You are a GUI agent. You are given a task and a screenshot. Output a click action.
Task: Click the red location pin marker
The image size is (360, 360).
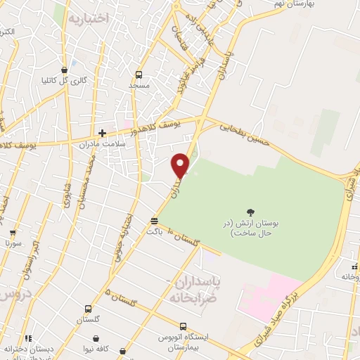point(181,165)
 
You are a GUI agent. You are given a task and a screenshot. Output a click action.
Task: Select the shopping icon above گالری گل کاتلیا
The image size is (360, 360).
point(65,70)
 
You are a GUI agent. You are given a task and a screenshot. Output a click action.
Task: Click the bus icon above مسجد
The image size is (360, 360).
point(139,75)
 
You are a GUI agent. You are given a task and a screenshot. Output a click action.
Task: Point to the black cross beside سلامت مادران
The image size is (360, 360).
point(102,132)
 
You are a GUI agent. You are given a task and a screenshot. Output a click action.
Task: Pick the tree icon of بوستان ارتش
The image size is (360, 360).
point(250,211)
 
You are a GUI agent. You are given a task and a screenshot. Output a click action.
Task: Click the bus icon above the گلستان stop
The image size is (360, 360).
point(88,309)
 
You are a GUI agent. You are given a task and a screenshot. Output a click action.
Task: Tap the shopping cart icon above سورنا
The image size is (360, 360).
point(13,233)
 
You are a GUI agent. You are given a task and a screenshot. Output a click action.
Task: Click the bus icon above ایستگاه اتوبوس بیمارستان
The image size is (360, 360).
point(184,328)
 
